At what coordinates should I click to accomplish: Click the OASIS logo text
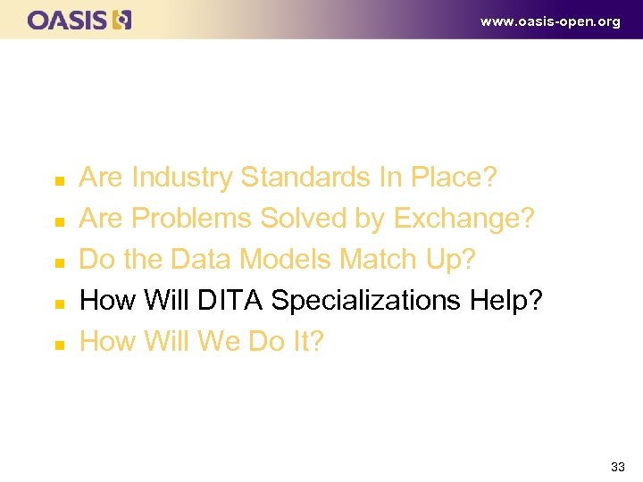(x=67, y=20)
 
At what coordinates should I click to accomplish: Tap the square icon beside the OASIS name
(x=122, y=20)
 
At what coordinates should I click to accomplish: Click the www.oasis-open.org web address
(x=550, y=21)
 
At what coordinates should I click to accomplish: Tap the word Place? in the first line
(x=453, y=178)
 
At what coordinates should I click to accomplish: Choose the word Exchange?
(x=463, y=219)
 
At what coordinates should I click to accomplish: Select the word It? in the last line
(x=305, y=342)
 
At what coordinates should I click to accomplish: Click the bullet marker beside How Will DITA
(x=59, y=303)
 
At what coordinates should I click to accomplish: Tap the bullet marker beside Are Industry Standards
(x=59, y=180)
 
